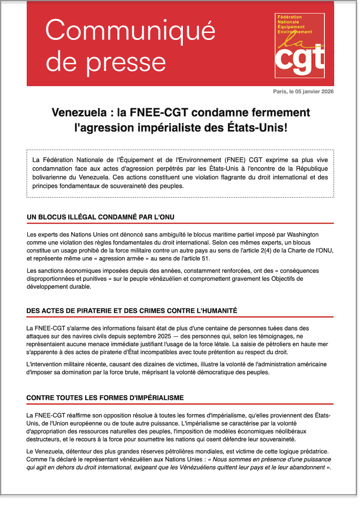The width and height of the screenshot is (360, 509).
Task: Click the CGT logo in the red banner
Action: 299,45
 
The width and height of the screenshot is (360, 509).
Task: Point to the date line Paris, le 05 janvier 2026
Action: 303,92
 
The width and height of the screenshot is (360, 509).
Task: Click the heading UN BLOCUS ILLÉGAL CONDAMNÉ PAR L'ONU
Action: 100,217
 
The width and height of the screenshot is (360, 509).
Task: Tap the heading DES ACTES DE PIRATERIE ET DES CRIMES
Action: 132,311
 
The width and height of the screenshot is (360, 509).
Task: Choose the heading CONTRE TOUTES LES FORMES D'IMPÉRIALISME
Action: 105,398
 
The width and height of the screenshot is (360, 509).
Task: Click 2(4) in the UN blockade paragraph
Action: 270,250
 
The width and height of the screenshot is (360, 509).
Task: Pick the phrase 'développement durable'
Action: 59,287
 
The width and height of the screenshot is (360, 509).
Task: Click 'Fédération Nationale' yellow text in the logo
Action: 290,19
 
